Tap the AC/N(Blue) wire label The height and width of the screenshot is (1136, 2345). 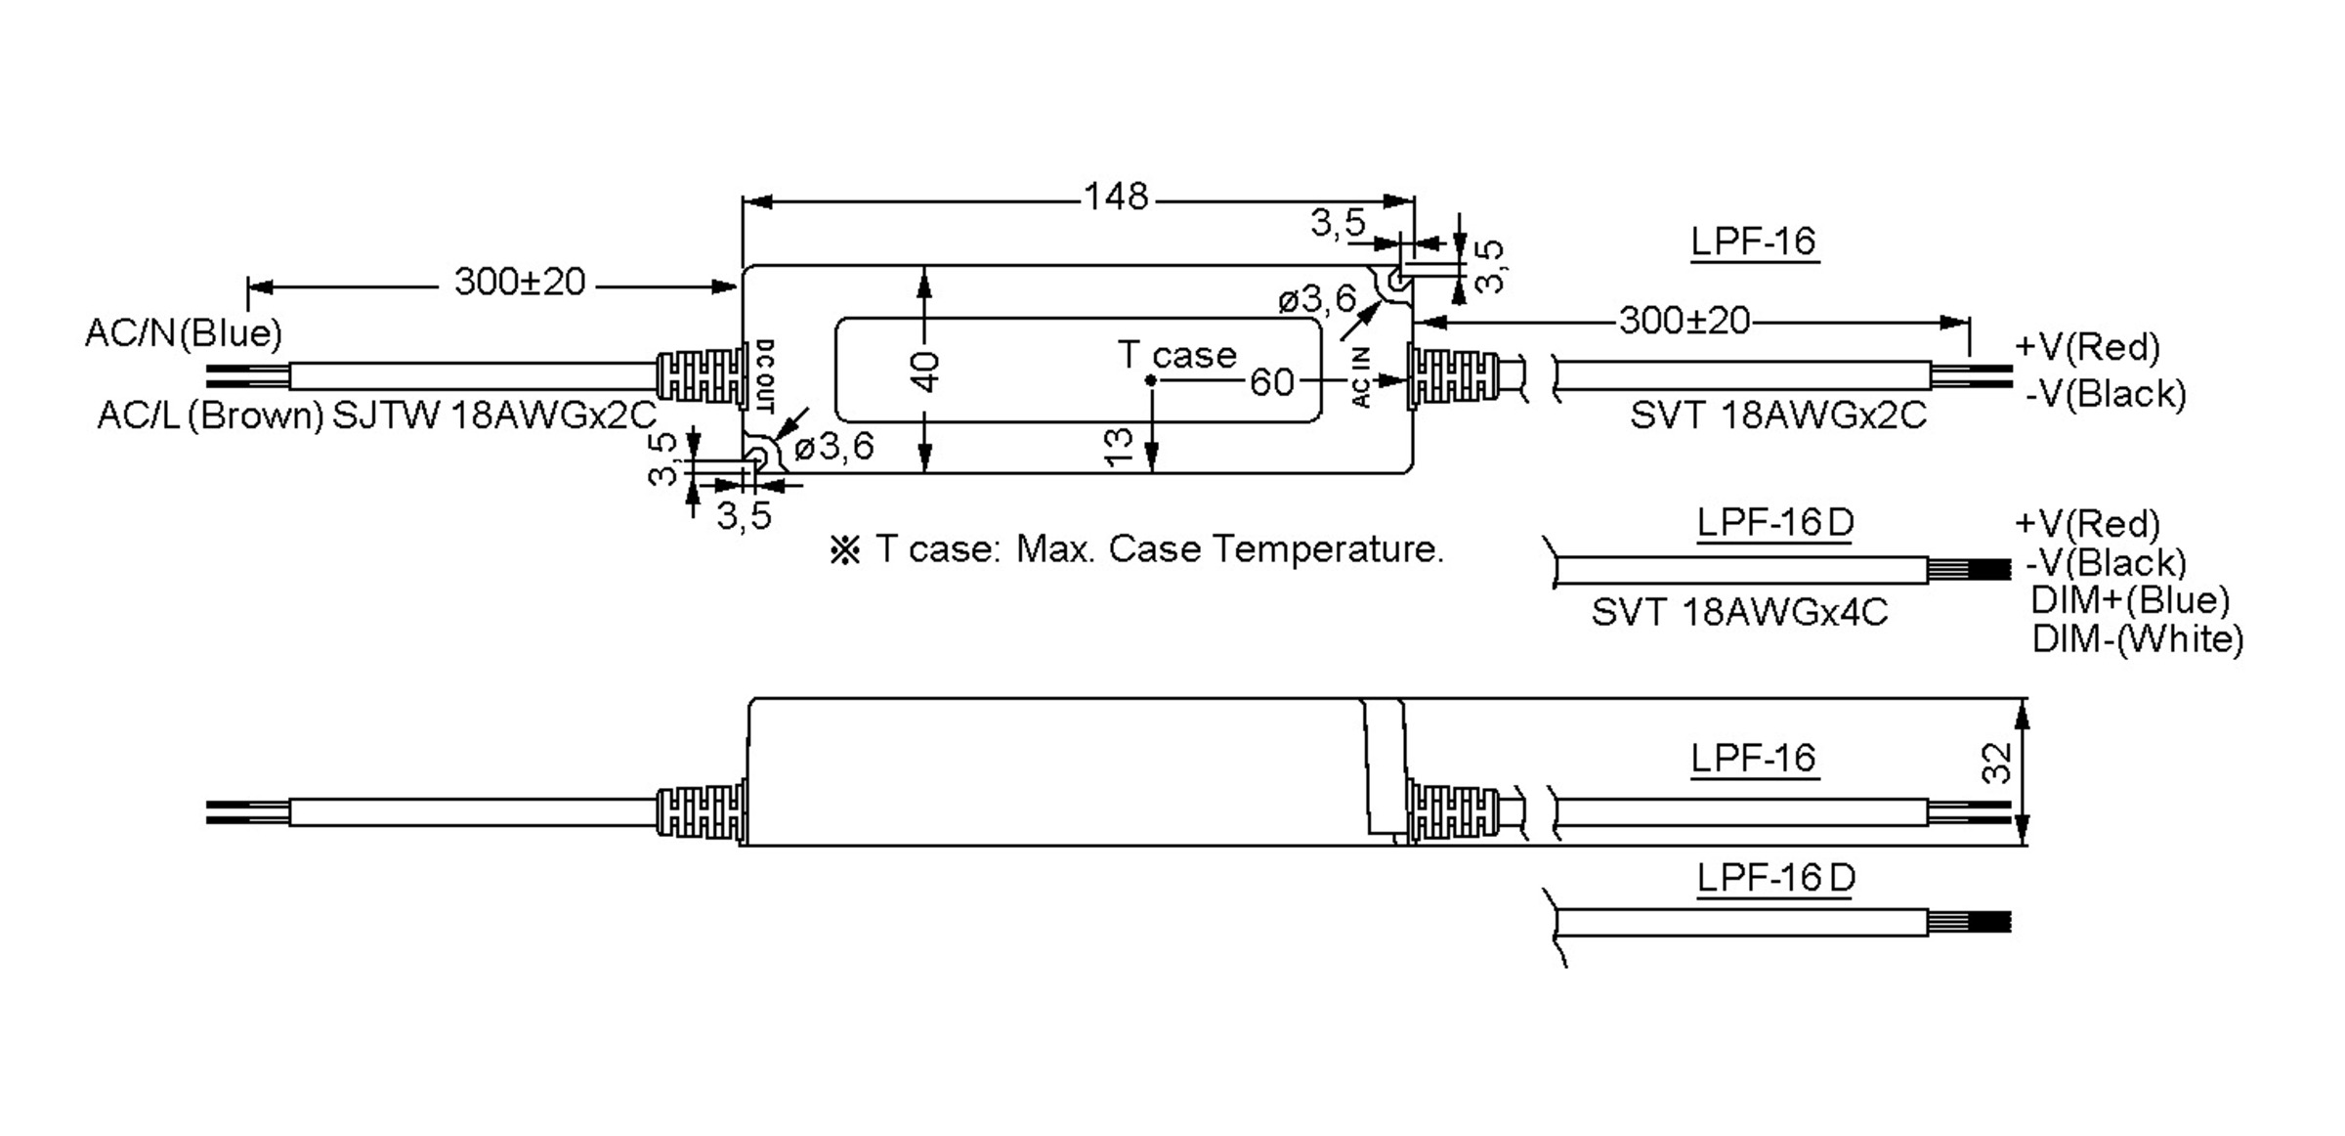[183, 333]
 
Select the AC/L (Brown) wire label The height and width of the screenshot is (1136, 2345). [209, 416]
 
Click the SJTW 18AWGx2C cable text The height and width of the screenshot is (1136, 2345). [494, 416]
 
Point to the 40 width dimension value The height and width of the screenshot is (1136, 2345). [925, 371]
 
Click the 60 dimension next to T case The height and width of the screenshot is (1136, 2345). [1271, 382]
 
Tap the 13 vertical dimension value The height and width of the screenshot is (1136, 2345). [1120, 446]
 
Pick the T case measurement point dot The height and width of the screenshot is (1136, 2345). [1151, 380]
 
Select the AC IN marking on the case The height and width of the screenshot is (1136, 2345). [1362, 377]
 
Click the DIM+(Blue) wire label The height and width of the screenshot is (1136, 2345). [2130, 599]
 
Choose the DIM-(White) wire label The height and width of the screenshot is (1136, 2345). [2137, 639]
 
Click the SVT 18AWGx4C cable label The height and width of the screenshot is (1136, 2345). [1739, 613]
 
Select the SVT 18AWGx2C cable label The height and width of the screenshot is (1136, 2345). [1777, 415]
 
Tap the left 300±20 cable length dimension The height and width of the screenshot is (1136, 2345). [519, 283]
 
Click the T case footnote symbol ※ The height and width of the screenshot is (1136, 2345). [844, 550]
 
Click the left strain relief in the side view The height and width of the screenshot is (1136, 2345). [701, 812]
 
